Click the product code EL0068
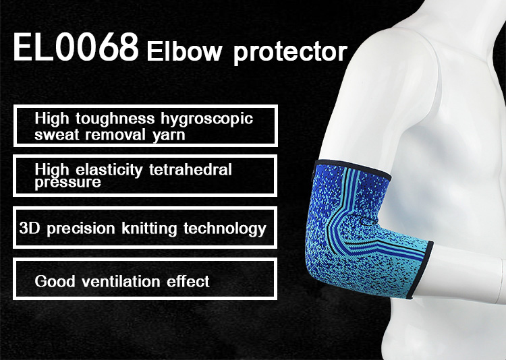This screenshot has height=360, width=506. [x=76, y=47]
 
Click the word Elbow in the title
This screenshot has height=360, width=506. [x=184, y=51]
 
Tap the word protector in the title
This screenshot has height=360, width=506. [x=290, y=53]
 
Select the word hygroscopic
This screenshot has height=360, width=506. [x=207, y=119]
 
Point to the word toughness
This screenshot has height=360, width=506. [x=115, y=119]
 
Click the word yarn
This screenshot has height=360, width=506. [x=169, y=135]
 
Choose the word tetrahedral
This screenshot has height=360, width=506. [x=190, y=169]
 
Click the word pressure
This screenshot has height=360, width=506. [x=67, y=182]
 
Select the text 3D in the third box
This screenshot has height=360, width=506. [x=30, y=228]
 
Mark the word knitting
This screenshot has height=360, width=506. [x=149, y=229]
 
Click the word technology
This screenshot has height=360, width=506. [x=225, y=229]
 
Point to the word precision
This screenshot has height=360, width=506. [x=81, y=229]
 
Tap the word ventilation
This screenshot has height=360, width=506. [x=121, y=281]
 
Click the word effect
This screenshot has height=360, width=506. [x=188, y=281]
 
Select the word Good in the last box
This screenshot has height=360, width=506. [x=55, y=281]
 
